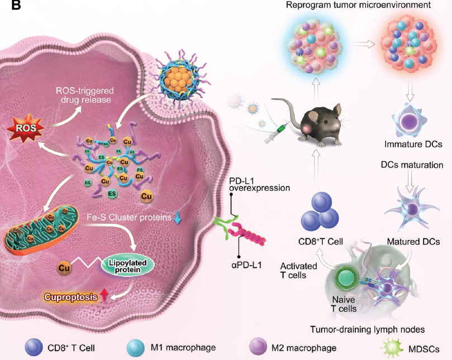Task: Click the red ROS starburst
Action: (25, 128)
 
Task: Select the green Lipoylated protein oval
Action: (127, 266)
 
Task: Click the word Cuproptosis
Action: (70, 297)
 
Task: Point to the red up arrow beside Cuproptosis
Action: (104, 295)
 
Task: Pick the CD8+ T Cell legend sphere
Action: (34, 347)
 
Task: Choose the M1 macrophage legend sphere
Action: (136, 347)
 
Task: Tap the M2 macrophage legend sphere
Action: (258, 347)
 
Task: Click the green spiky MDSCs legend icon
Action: (392, 348)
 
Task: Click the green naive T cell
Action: (346, 278)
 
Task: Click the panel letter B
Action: (16, 5)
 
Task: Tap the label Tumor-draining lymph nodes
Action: (367, 329)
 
